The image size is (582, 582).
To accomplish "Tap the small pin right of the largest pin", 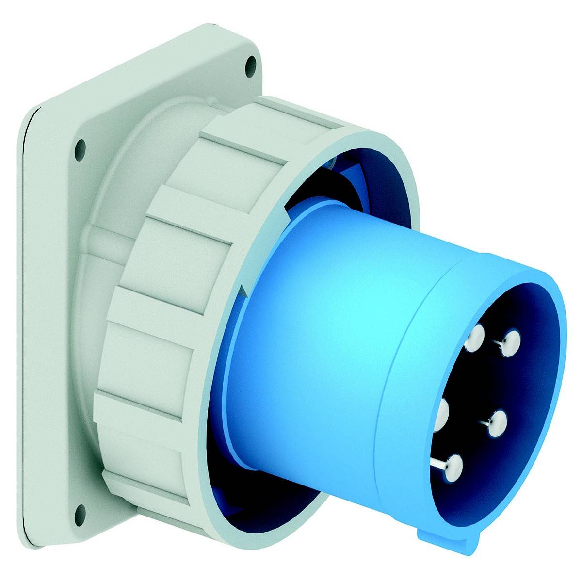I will [x=496, y=423].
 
